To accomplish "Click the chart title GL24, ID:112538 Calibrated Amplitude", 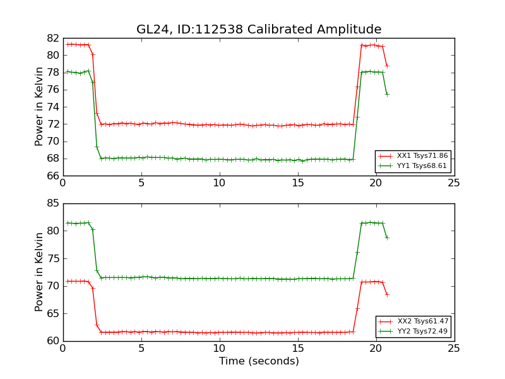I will pyautogui.click(x=259, y=30).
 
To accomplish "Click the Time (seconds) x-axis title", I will pyautogui.click(x=259, y=361).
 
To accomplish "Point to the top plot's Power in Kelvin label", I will pyautogui.click(x=40, y=106).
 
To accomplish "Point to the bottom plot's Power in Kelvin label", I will pyautogui.click(x=40, y=272).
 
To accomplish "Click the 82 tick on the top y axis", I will pyautogui.click(x=53, y=38).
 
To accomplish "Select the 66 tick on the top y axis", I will pyautogui.click(x=53, y=176).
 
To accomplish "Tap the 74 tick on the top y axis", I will pyautogui.click(x=53, y=107).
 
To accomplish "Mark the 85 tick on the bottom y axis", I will pyautogui.click(x=53, y=203).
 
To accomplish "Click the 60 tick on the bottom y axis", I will pyautogui.click(x=53, y=341).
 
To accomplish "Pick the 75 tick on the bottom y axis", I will pyautogui.click(x=53, y=258).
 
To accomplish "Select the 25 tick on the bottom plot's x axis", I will pyautogui.click(x=454, y=348).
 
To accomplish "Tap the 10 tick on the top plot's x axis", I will pyautogui.click(x=219, y=183).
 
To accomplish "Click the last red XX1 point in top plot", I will pyautogui.click(x=387, y=66).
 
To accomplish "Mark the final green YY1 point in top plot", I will pyautogui.click(x=387, y=94).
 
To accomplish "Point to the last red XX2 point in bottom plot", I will pyautogui.click(x=387, y=294).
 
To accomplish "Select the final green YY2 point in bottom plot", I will pyautogui.click(x=387, y=238).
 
